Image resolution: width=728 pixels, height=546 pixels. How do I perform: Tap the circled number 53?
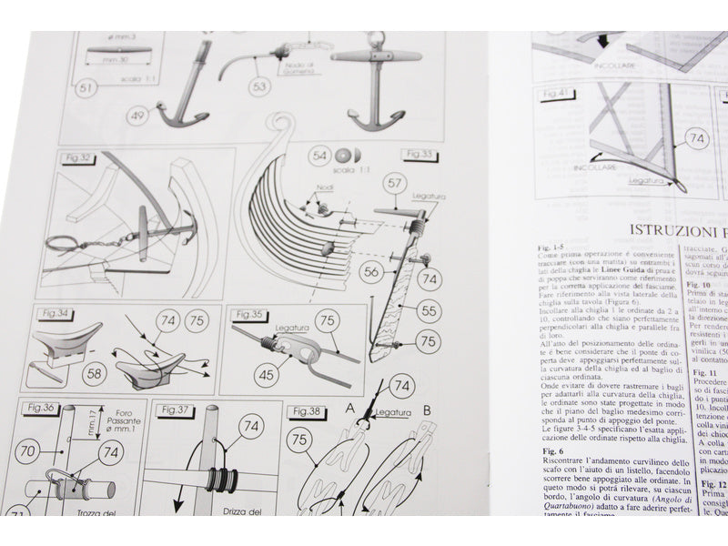(x=260, y=86)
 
